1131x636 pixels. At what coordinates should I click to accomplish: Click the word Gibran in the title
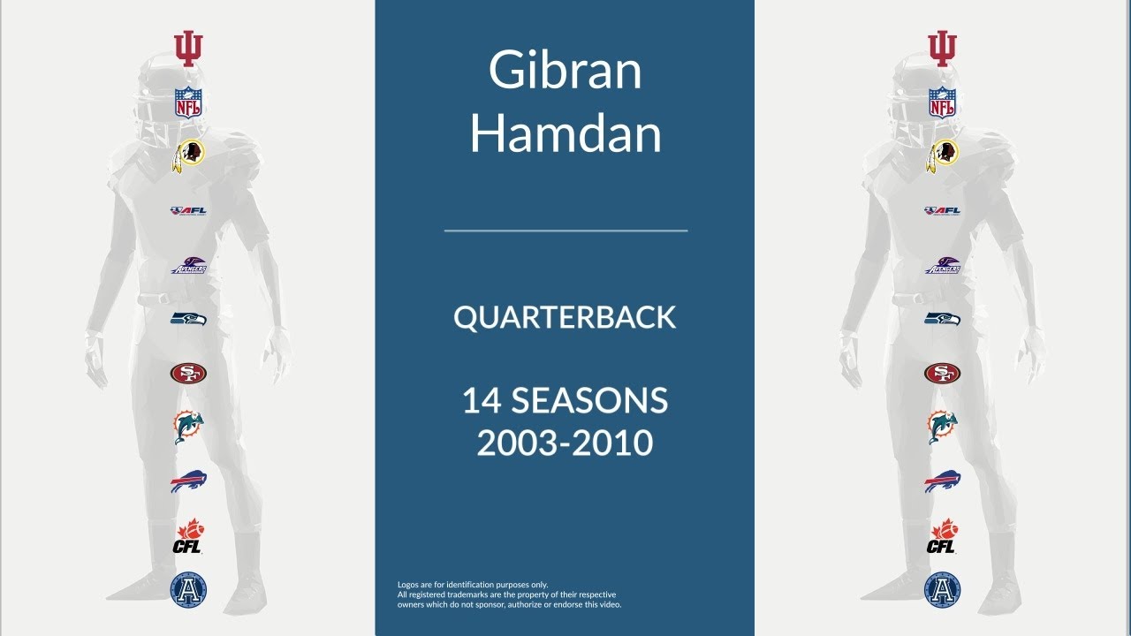565,71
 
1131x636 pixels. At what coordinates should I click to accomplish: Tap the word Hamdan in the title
565,134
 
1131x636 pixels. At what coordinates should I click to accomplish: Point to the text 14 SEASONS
565,402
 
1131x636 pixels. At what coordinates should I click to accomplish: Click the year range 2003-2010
565,442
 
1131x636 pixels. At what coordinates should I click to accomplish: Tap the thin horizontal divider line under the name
565,231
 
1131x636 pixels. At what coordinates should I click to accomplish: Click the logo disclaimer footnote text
510,594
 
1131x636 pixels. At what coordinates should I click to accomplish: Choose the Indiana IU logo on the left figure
188,49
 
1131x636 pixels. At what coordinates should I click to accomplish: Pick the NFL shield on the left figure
188,103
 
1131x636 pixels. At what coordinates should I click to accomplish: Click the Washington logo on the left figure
188,155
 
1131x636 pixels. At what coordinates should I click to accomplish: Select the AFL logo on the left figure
188,210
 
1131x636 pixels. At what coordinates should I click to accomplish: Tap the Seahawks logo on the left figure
188,318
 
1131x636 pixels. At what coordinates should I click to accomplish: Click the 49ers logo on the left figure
188,374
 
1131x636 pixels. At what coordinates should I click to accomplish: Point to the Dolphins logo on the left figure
188,428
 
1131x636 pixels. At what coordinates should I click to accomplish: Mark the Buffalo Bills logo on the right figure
943,482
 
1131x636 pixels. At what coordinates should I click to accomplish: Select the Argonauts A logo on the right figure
943,589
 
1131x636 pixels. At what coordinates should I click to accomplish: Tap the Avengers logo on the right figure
943,265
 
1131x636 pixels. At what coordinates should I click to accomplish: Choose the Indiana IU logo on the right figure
943,49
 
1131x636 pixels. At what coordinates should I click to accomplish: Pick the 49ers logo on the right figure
943,374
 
